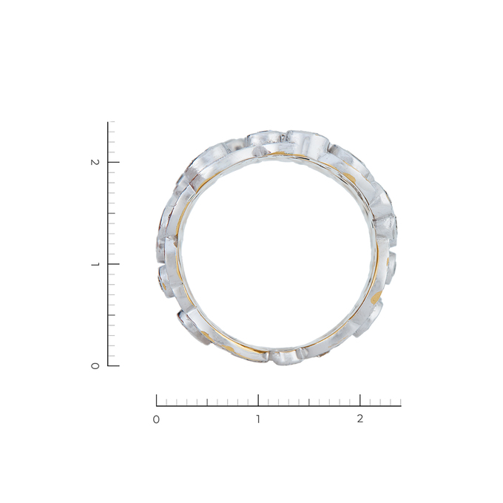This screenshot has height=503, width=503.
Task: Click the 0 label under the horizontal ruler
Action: click(x=156, y=419)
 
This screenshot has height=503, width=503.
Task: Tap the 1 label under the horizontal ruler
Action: click(x=258, y=419)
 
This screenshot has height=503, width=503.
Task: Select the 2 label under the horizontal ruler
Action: click(x=360, y=419)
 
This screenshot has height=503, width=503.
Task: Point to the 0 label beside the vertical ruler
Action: click(x=95, y=365)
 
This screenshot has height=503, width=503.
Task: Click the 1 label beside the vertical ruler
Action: click(x=95, y=264)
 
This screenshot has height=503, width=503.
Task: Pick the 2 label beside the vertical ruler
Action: click(x=95, y=162)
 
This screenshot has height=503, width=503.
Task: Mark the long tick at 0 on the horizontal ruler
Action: click(x=157, y=400)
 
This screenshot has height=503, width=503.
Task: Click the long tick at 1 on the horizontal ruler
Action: click(x=258, y=400)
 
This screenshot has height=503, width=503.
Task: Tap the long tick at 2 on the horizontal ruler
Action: click(x=360, y=400)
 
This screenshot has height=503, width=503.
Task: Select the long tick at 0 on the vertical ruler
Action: click(x=114, y=365)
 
